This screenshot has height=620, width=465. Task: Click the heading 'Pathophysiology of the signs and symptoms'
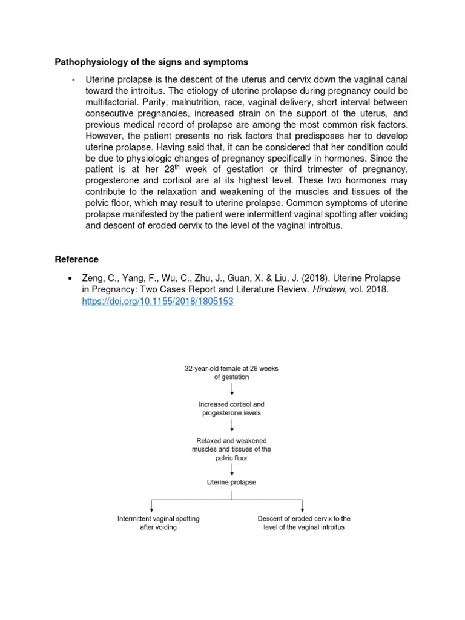pos(151,62)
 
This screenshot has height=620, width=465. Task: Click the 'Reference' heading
pos(76,259)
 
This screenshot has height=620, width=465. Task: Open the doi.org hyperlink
pos(157,302)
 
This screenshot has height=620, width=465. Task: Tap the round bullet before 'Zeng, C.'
pos(71,278)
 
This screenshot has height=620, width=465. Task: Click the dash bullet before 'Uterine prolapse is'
pos(73,80)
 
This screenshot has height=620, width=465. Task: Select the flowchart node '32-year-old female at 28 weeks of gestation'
pos(232,372)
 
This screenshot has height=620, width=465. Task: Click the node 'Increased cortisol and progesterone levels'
pos(232,408)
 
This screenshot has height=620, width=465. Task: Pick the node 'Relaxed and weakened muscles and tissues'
pos(232,449)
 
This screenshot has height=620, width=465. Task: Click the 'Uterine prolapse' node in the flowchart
pos(232,482)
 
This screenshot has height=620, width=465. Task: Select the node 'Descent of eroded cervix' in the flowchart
pos(303,523)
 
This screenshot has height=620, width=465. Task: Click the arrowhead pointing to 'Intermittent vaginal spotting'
pos(151,510)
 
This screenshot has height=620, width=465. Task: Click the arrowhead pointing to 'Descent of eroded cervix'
pos(302,510)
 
